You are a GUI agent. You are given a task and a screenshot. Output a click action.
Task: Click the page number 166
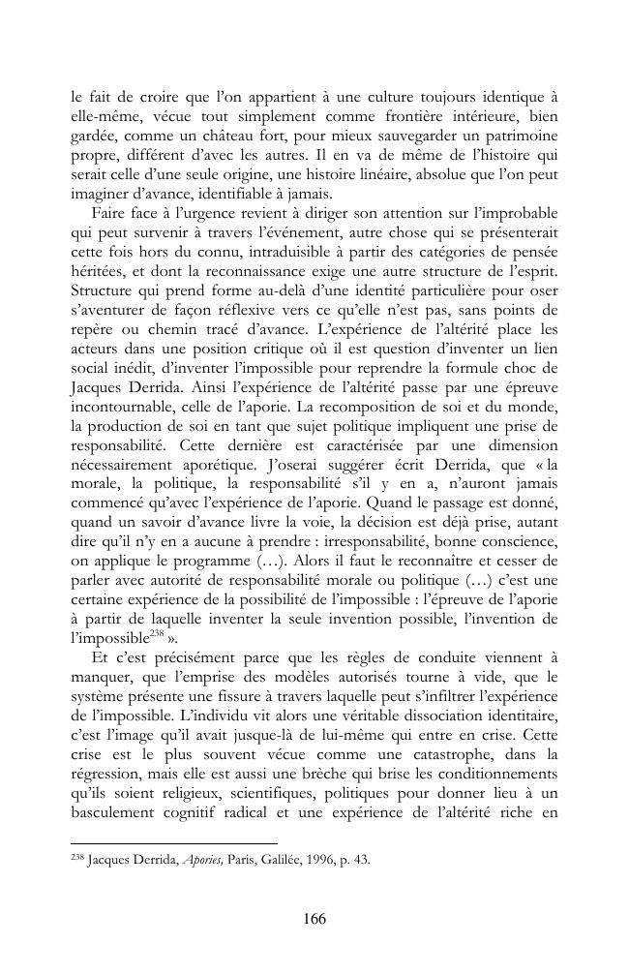[314, 919]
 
